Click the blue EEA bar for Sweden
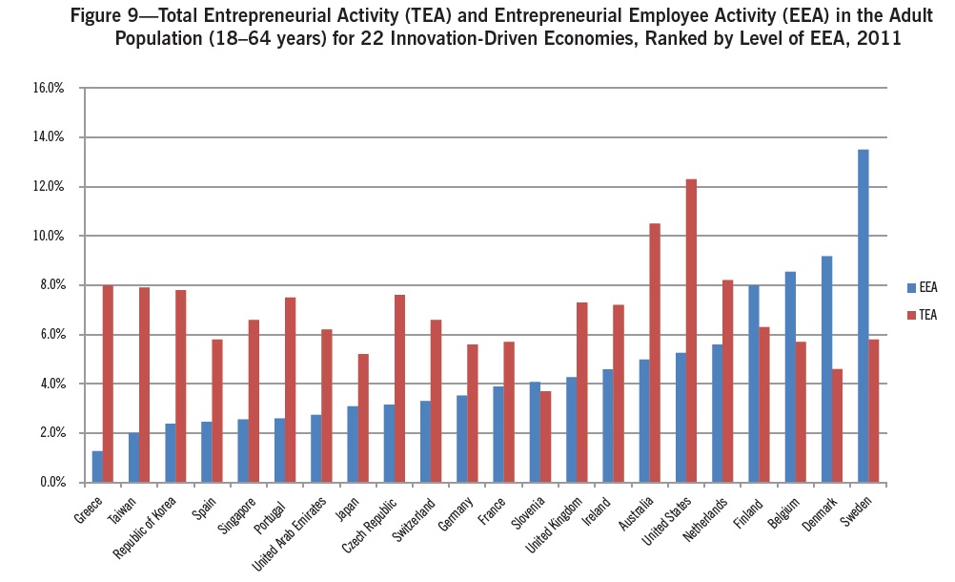pyautogui.click(x=863, y=316)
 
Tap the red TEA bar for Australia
pyautogui.click(x=655, y=353)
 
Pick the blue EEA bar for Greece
pyautogui.click(x=97, y=467)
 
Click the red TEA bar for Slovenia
pyautogui.click(x=545, y=436)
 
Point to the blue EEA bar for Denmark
pyautogui.click(x=826, y=369)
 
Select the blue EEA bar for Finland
pyautogui.click(x=753, y=384)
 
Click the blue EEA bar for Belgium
pyautogui.click(x=790, y=377)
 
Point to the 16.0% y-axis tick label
pyautogui.click(x=48, y=88)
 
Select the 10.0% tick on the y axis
pyautogui.click(x=48, y=236)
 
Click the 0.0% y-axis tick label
pyautogui.click(x=51, y=483)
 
